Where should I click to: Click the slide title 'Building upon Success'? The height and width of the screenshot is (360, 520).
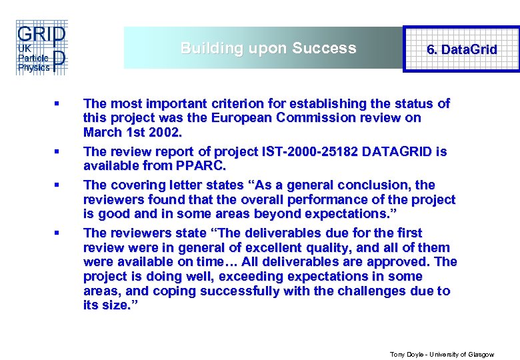pos(268,48)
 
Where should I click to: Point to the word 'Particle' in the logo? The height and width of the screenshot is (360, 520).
pos(30,58)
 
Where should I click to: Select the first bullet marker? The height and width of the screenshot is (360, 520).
pos(58,104)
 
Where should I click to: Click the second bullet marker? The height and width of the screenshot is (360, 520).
pos(58,152)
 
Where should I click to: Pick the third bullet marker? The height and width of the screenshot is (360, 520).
pos(58,185)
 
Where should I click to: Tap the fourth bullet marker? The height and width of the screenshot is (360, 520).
pos(58,233)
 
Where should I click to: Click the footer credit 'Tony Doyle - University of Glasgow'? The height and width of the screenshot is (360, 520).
pos(442,355)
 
